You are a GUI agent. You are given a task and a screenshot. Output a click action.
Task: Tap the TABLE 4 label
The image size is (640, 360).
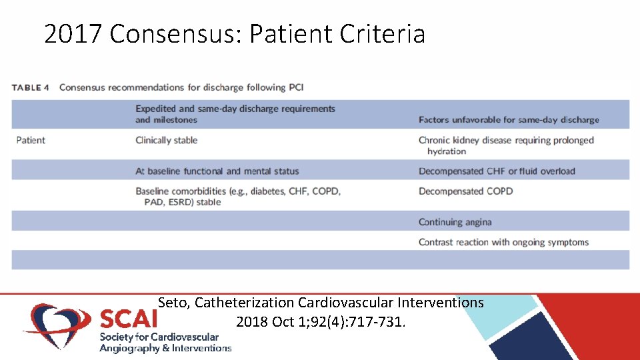click(31, 87)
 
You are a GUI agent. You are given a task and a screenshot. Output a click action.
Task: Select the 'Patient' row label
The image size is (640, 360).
click(31, 140)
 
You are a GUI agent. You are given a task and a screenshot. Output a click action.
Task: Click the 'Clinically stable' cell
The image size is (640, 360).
click(167, 140)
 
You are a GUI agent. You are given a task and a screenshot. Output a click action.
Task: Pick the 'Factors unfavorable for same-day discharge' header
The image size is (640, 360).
click(509, 120)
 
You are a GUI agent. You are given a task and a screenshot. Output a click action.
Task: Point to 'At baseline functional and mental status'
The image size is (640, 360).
click(217, 171)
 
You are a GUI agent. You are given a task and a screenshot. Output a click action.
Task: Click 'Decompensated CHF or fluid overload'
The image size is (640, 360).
click(497, 171)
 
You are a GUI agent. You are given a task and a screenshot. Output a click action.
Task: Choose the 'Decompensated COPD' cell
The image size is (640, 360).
click(466, 191)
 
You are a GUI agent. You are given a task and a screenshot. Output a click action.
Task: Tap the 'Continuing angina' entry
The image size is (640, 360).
click(455, 222)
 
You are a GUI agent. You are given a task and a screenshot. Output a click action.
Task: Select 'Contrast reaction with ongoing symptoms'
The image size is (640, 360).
click(504, 242)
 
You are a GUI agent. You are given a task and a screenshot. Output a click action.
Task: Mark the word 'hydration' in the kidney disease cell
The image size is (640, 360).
click(447, 151)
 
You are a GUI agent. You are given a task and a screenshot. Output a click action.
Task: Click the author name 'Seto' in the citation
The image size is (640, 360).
click(174, 303)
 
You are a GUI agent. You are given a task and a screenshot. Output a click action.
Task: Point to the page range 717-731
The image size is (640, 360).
click(378, 322)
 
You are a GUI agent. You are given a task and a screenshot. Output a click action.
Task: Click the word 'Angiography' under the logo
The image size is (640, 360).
click(130, 348)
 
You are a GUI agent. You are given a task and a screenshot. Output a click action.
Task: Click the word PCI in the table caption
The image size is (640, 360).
click(296, 87)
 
